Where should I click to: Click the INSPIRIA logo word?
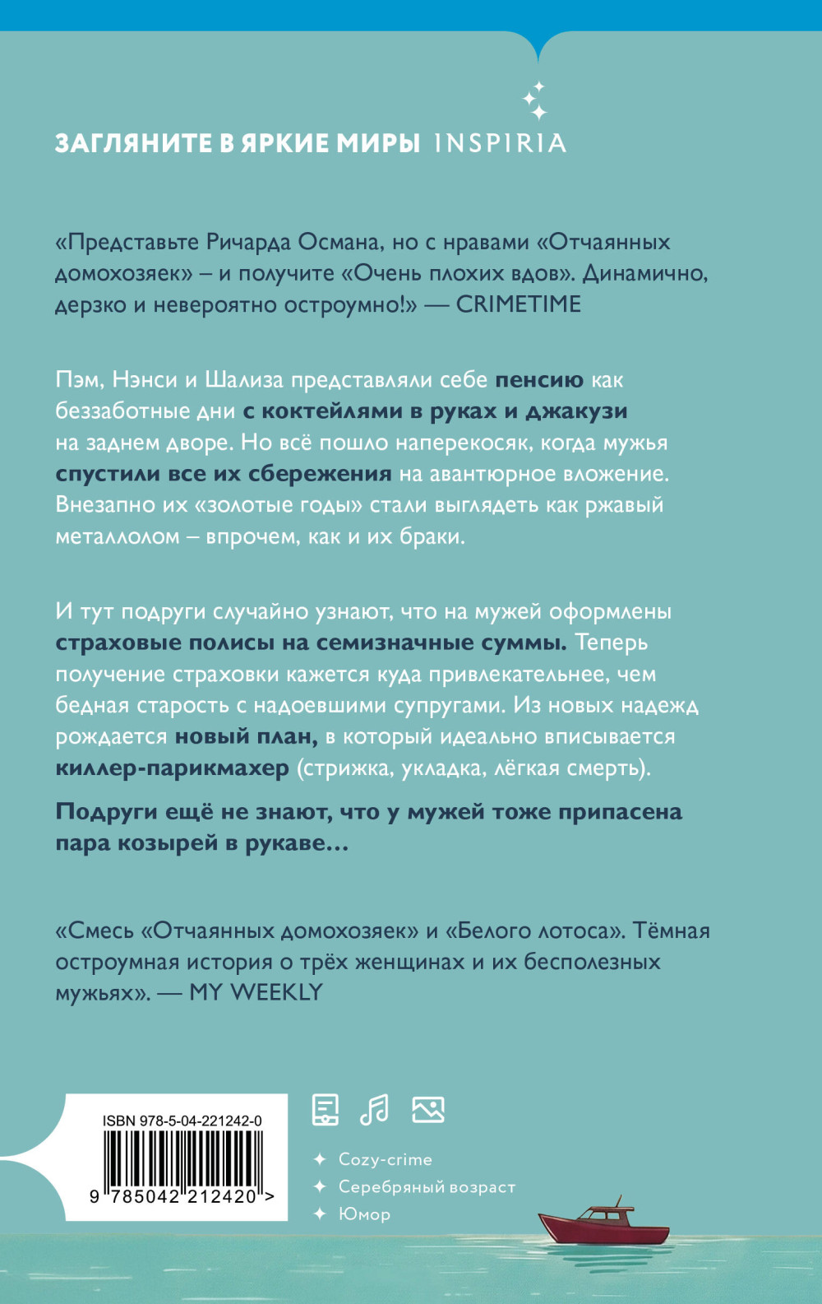(x=500, y=143)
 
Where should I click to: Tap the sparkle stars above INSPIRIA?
(x=535, y=100)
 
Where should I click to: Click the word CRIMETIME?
(x=518, y=304)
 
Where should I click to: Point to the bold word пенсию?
(x=538, y=380)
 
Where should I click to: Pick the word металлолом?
(x=117, y=536)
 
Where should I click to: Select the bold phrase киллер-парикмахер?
(x=172, y=768)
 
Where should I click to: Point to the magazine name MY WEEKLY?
(x=256, y=992)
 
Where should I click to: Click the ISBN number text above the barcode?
(x=182, y=1121)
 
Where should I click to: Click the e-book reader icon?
(x=326, y=1110)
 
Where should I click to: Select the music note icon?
(x=375, y=1110)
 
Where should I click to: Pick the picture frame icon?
(x=427, y=1110)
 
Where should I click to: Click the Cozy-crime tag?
(x=385, y=1159)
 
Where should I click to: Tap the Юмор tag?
(x=364, y=1214)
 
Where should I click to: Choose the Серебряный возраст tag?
(x=427, y=1186)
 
